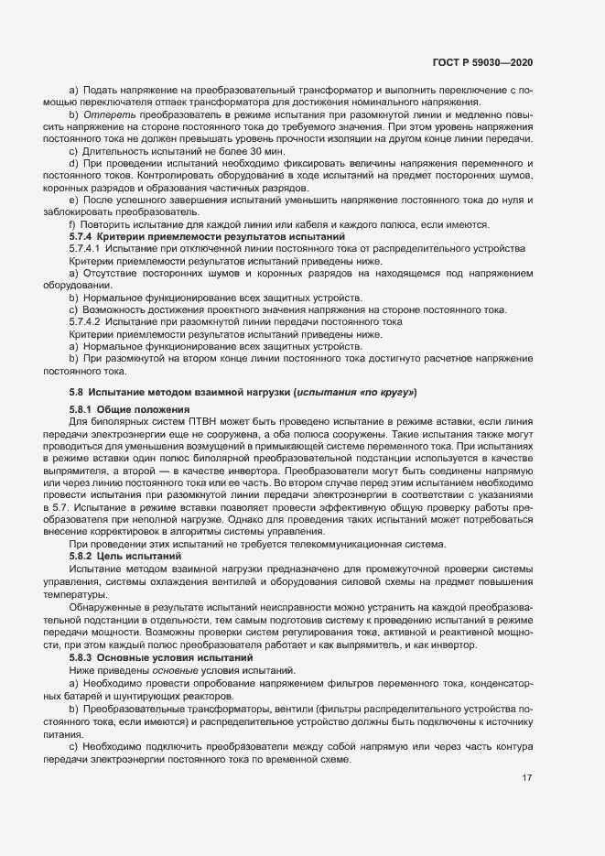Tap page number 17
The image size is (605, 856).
(x=527, y=778)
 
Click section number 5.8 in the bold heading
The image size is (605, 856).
(x=77, y=392)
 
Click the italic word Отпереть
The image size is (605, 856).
(x=107, y=114)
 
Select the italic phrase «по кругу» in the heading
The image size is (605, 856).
(x=386, y=392)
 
